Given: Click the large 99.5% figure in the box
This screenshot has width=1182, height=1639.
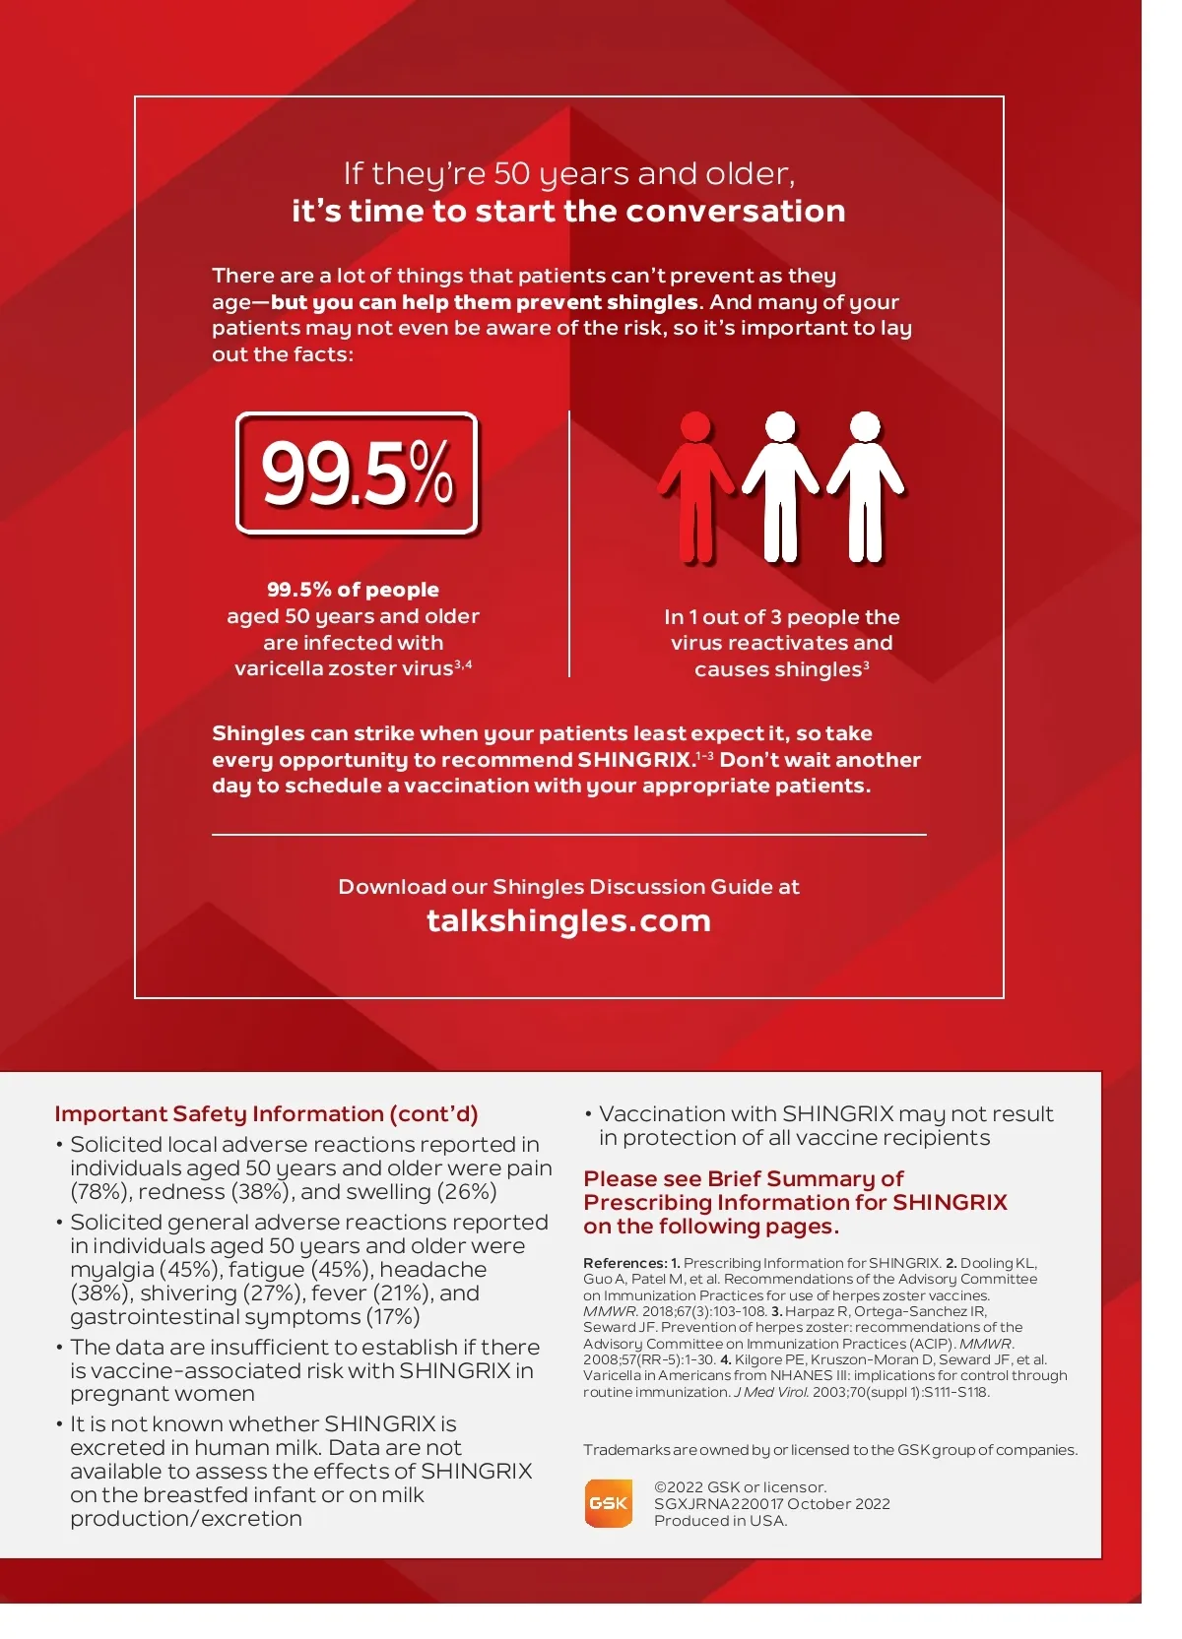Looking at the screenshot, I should point(357,473).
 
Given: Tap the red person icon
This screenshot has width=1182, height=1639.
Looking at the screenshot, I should point(695,487).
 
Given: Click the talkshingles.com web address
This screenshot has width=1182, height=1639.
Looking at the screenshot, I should point(568,920).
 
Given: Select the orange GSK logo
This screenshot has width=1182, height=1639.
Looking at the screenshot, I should point(608,1503).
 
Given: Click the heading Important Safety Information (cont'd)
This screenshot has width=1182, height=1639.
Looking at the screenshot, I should point(266,1113).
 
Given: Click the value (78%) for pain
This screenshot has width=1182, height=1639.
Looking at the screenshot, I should point(99,1192).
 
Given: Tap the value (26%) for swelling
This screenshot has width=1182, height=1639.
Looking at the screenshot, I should point(467,1192).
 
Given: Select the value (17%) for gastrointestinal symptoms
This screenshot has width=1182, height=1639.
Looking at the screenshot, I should point(393,1317).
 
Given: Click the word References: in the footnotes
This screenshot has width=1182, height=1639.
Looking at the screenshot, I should point(624,1263).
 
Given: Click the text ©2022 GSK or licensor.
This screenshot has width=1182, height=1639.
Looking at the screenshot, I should point(740,1487).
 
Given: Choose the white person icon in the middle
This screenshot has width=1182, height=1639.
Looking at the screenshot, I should point(780,487).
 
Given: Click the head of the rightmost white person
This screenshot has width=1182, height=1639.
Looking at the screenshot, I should point(865,427).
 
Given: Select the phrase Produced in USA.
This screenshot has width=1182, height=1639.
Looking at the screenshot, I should point(720,1521).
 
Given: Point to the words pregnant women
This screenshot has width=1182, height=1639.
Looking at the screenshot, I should point(163,1394).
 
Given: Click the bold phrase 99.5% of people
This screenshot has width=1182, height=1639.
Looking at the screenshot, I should point(353,590).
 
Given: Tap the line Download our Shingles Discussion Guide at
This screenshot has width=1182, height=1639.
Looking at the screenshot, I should point(568,887).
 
